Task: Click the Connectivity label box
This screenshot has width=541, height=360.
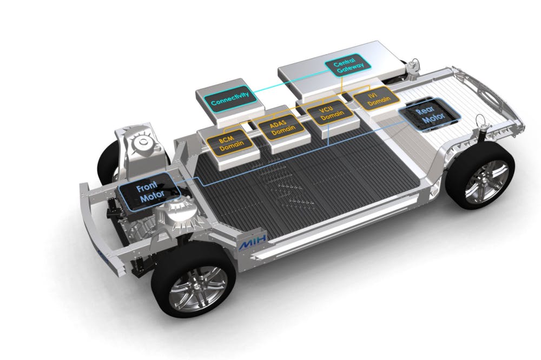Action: point(230,98)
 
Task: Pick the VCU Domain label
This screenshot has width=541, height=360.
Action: point(329,111)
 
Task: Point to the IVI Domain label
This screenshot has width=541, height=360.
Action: point(377,98)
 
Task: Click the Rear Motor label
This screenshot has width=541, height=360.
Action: point(428,115)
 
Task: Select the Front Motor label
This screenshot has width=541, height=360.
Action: point(149,192)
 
